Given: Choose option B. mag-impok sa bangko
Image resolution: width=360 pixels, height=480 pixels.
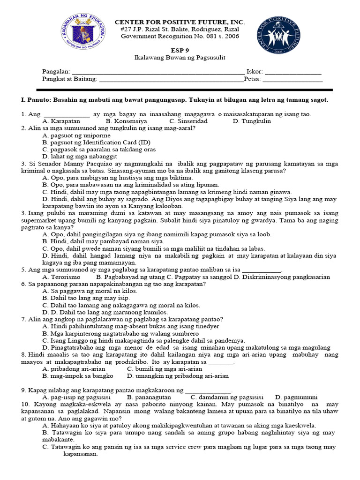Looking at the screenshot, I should click(x=77, y=376).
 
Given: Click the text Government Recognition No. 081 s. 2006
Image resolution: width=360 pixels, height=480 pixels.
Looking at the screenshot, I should click(x=180, y=36).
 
